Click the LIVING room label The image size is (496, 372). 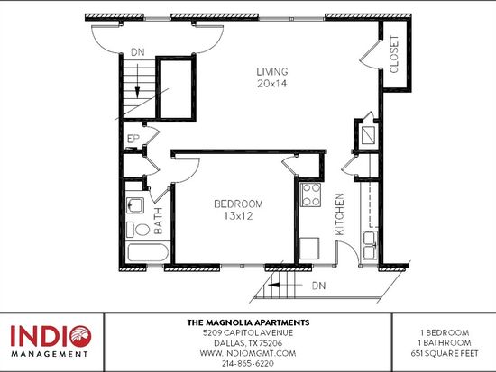coord(272,72)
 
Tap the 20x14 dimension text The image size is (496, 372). coord(272,84)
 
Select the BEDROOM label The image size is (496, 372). coord(238,204)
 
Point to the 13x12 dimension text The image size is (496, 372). coord(238,216)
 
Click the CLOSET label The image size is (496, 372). coord(394,54)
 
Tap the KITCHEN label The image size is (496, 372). coord(339,214)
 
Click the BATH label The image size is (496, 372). coord(158,221)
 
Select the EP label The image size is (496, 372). coord(133,139)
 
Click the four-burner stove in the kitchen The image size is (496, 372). coord(310,195)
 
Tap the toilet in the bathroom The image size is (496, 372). coord(138,230)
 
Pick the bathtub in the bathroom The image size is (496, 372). coord(148,252)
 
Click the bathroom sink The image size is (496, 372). coord(135,205)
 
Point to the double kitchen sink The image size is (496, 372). coord(370,245)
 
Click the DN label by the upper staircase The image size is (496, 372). coord(138,52)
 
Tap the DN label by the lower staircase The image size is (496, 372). coord(318,286)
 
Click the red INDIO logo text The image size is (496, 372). coord(51,336)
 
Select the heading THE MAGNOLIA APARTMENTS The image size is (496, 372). coord(248,322)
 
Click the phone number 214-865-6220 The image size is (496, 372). coord(248,364)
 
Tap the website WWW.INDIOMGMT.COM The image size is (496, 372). coord(248,353)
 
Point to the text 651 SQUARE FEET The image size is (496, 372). coord(445,353)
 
